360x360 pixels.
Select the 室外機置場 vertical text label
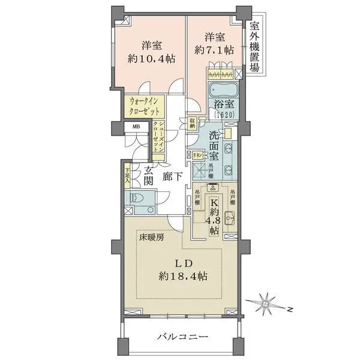tap(255, 46)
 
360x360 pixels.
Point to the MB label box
tap(136, 127)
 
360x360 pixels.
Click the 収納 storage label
tap(191, 124)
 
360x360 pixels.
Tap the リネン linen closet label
tap(196, 155)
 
